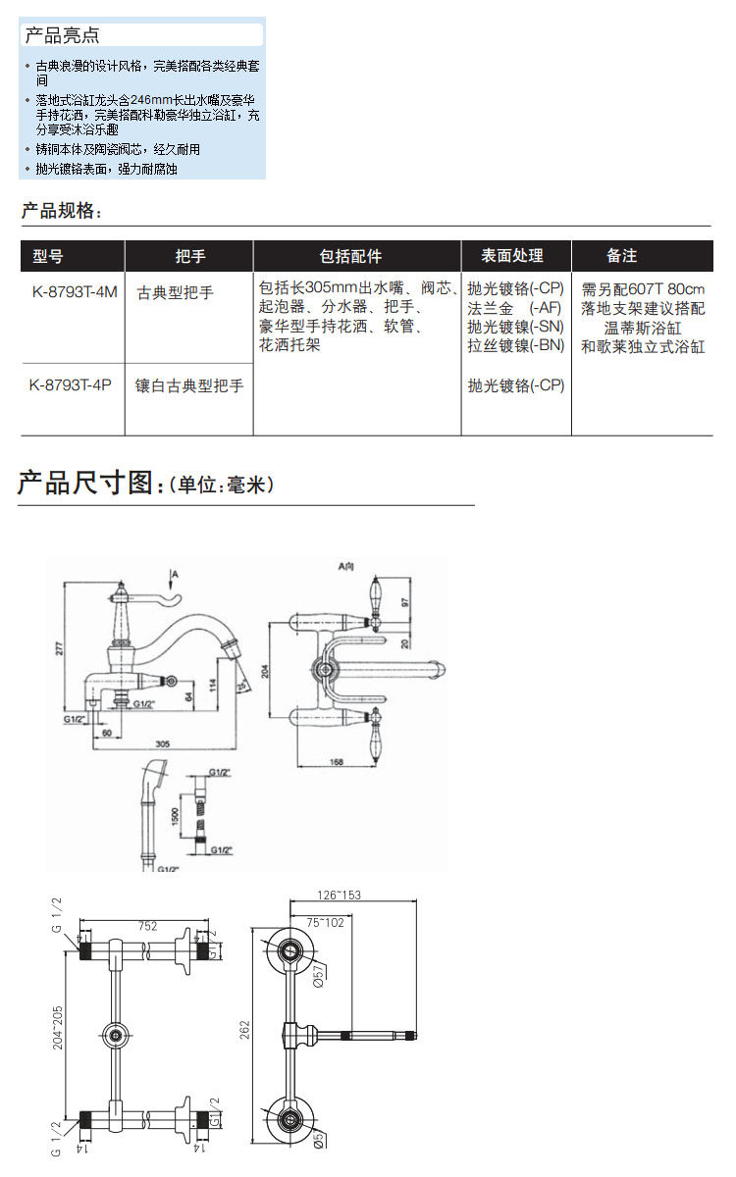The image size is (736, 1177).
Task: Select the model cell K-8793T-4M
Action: (x=74, y=291)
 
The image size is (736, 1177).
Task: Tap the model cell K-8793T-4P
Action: (x=70, y=385)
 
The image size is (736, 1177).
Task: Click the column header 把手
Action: (x=189, y=256)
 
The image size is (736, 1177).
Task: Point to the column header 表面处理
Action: (x=511, y=256)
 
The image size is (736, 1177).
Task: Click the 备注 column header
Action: (x=622, y=256)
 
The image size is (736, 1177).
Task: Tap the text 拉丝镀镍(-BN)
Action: (x=515, y=345)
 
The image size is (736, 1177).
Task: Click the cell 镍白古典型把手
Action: (x=189, y=386)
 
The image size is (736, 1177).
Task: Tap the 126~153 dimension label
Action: (x=340, y=894)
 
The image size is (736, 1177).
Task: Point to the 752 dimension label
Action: (x=146, y=924)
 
